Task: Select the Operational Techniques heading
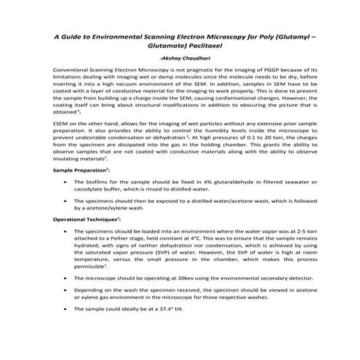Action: coord(87,217)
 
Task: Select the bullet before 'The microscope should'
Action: coord(67,277)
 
